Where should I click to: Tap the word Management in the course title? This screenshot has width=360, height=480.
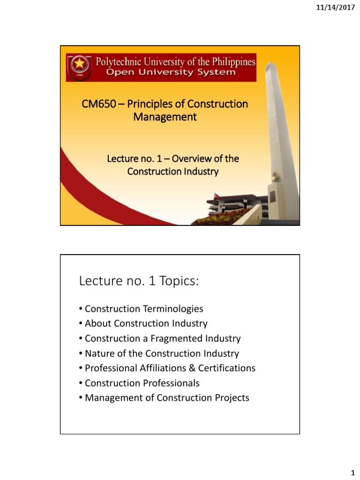coord(165,117)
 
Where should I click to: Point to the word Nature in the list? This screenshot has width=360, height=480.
coord(98,353)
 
